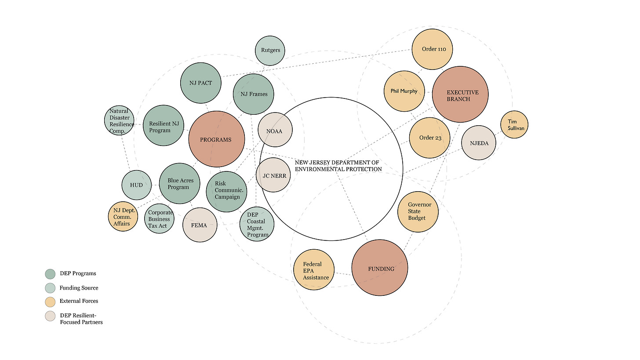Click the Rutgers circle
(x=270, y=51)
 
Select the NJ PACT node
(x=200, y=83)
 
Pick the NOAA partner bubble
(x=275, y=131)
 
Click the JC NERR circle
(x=274, y=175)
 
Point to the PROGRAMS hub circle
(x=216, y=139)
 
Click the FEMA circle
(x=200, y=225)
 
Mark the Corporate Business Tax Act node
(x=159, y=218)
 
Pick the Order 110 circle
(x=433, y=49)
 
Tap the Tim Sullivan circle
(x=514, y=124)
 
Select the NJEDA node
(x=479, y=143)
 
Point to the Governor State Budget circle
(x=418, y=211)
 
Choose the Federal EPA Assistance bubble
(x=314, y=269)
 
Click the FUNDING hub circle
(x=381, y=268)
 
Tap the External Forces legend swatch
(x=50, y=302)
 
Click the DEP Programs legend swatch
(x=50, y=273)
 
